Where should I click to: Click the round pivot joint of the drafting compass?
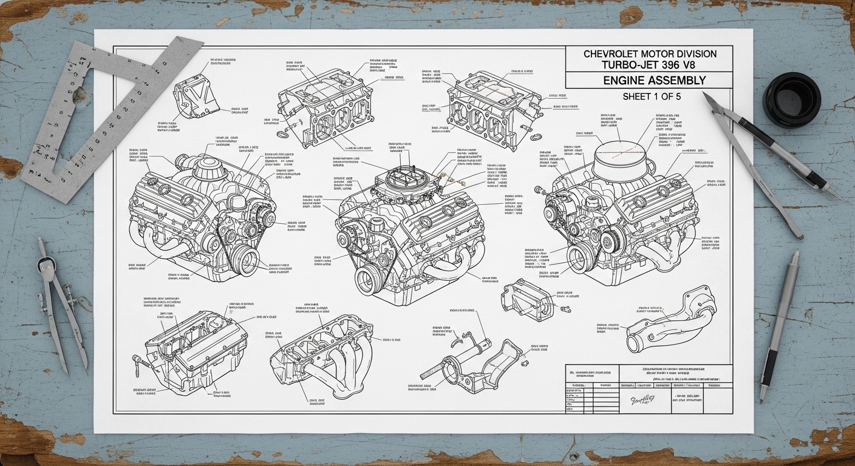(44, 263)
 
